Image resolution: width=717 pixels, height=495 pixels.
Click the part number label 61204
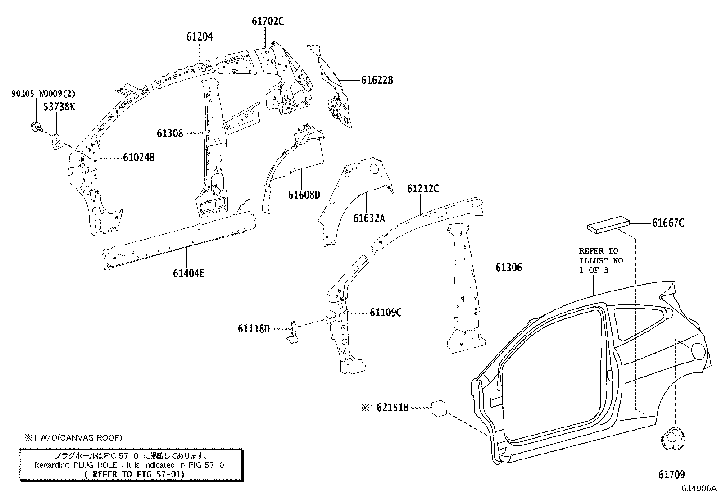(200, 36)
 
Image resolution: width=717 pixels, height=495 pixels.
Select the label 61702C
(268, 21)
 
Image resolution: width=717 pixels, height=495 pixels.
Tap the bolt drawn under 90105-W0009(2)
(36, 127)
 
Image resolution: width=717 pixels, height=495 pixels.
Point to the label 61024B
(139, 158)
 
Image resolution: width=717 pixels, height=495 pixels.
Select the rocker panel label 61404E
(188, 273)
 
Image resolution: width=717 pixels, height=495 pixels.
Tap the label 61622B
(377, 80)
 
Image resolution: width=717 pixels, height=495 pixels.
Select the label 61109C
(386, 313)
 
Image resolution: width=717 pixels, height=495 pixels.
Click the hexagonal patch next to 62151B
(439, 408)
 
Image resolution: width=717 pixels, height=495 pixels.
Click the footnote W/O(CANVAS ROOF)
(73, 437)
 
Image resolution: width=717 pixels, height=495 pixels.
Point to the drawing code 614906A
(698, 488)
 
